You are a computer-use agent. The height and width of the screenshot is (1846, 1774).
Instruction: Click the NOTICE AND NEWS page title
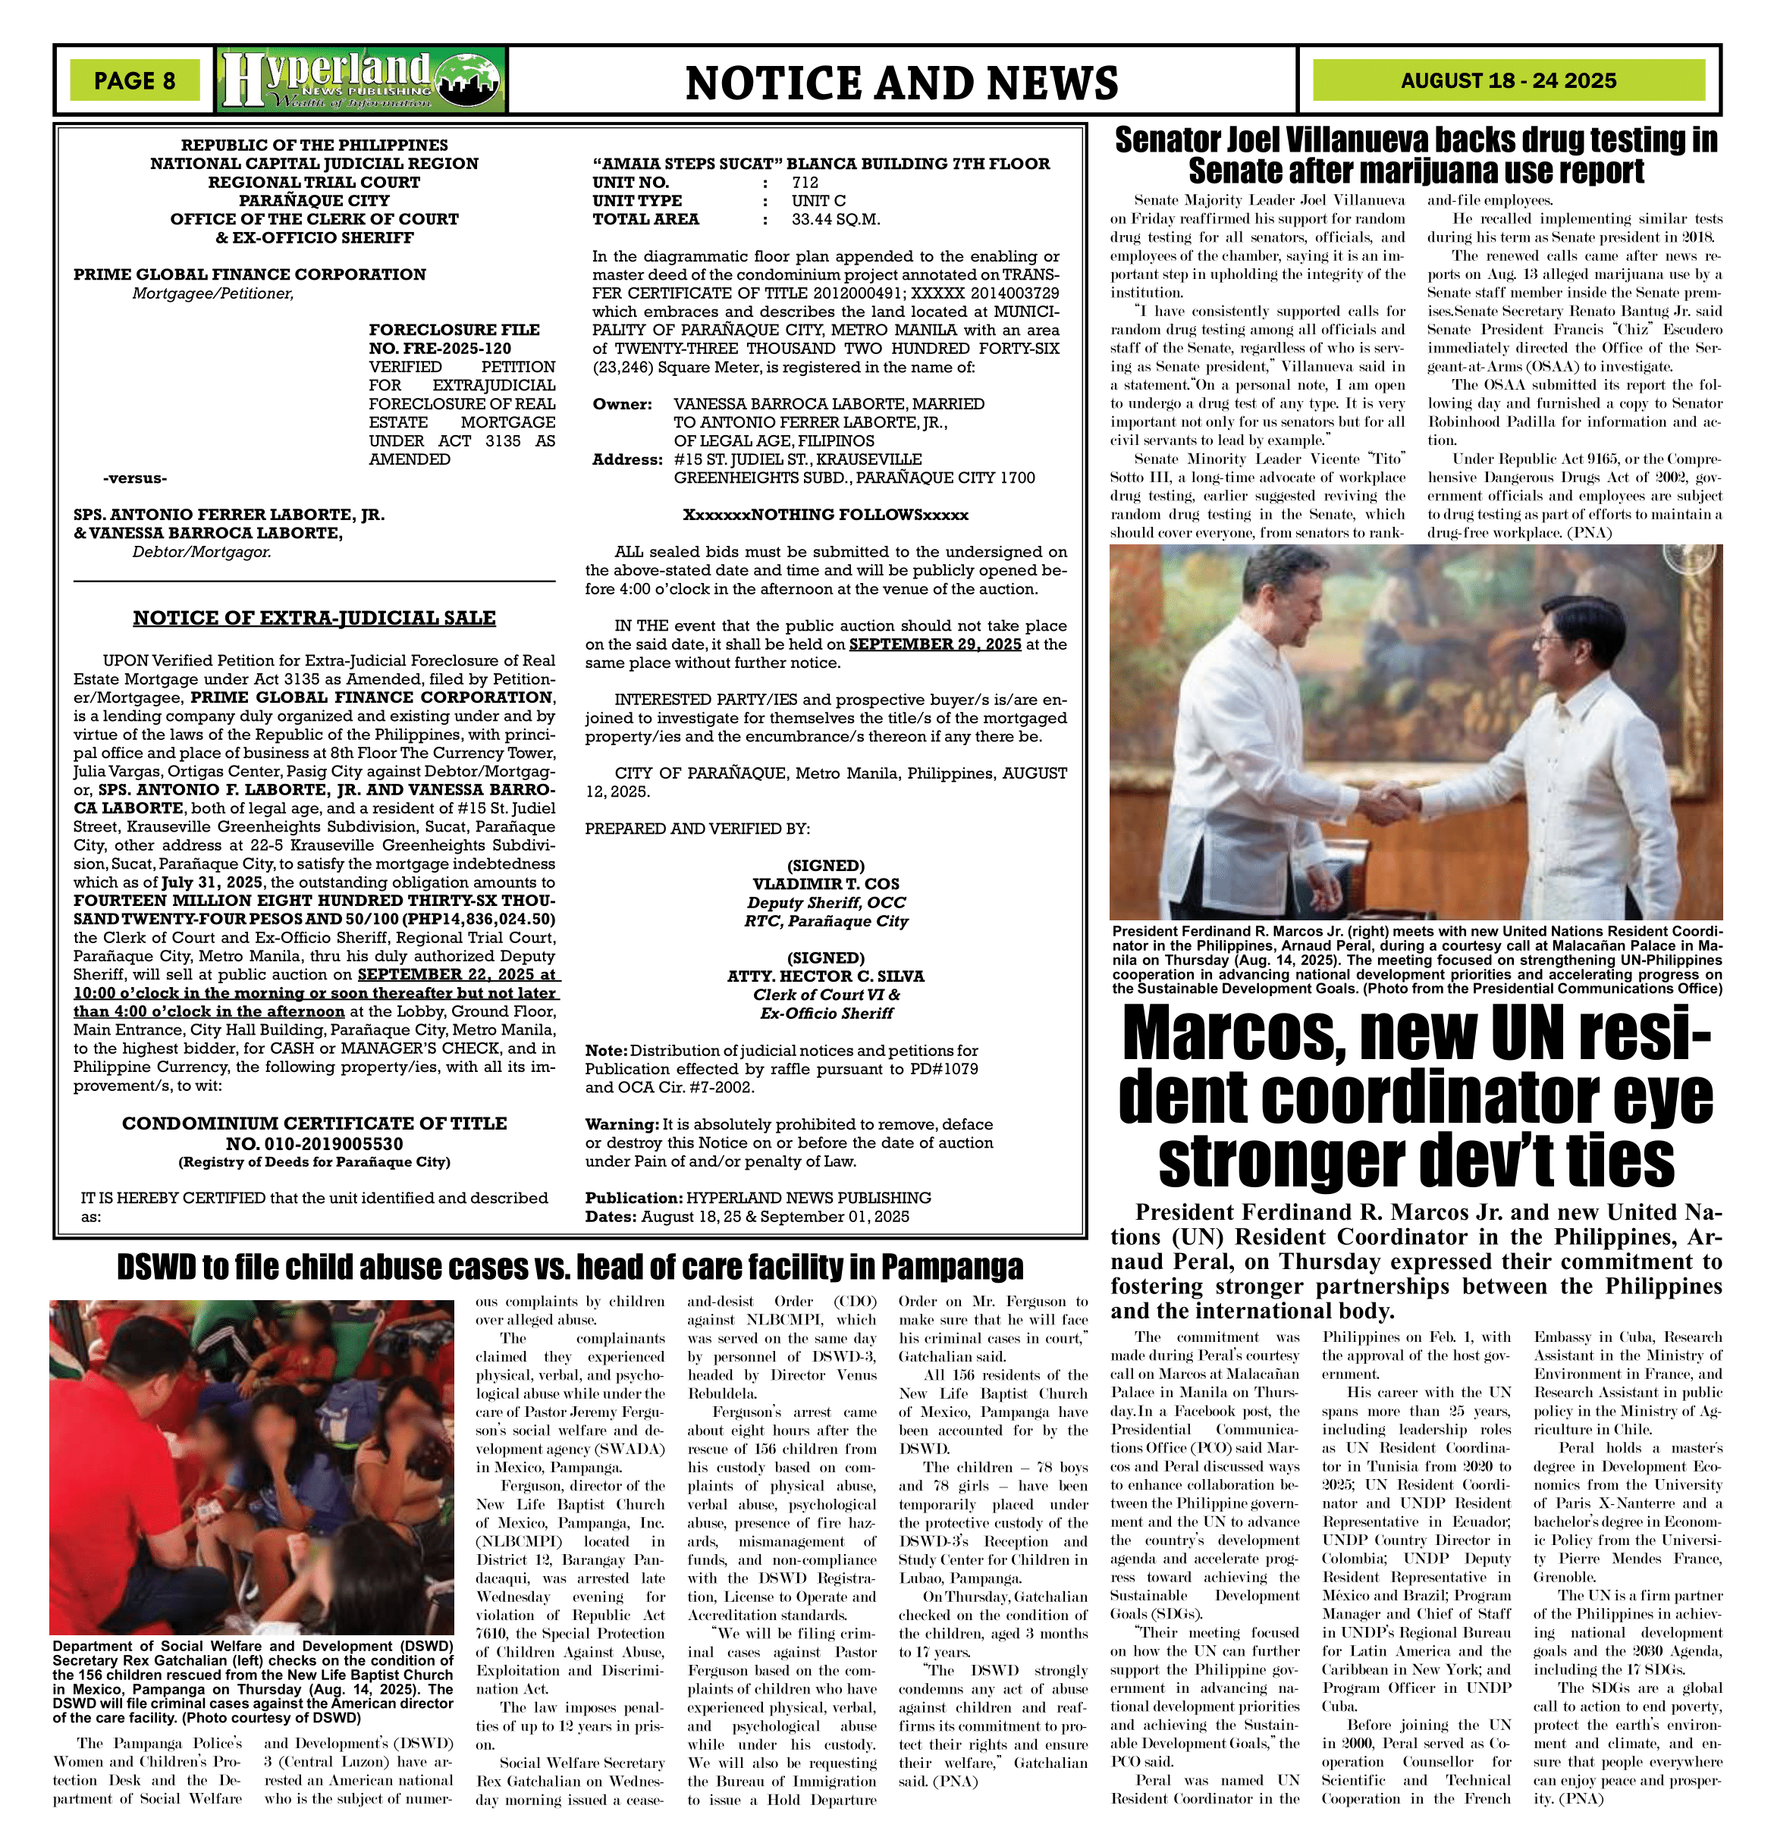click(902, 83)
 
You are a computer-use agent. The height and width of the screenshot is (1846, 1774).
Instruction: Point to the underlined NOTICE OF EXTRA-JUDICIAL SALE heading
click(314, 618)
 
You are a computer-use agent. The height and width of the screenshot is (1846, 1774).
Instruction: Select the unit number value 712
click(805, 183)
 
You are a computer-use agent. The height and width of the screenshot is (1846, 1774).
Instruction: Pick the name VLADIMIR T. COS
click(825, 883)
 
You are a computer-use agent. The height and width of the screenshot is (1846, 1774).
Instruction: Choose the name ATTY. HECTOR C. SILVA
click(825, 976)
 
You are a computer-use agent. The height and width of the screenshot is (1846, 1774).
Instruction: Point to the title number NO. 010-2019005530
click(314, 1143)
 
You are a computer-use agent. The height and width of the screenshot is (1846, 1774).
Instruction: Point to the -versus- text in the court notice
click(136, 478)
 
